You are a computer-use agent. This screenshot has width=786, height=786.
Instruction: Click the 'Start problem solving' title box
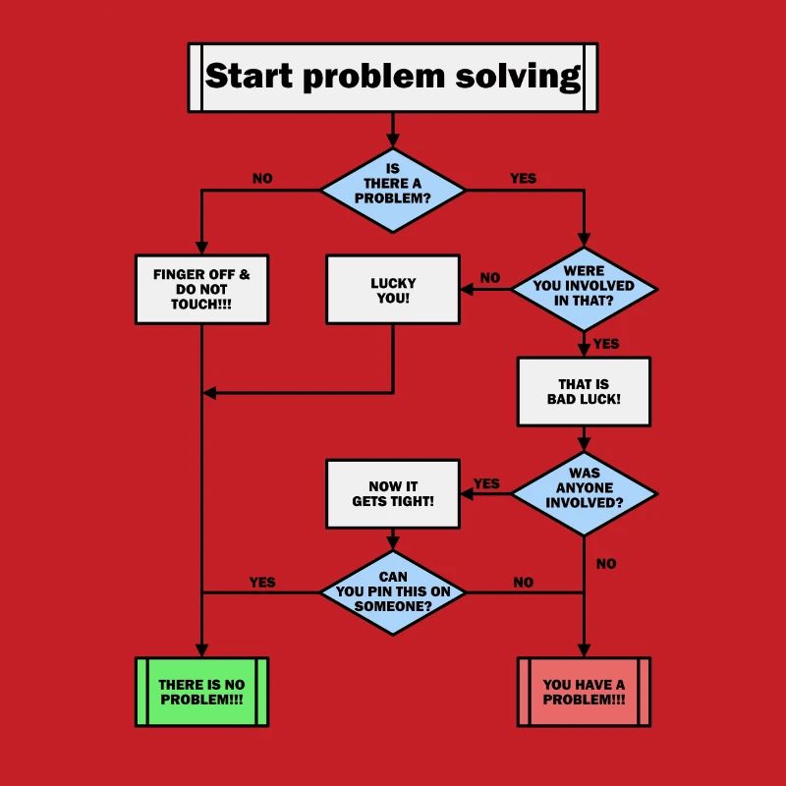tap(393, 77)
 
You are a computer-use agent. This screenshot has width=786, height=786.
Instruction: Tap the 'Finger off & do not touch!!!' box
tap(201, 289)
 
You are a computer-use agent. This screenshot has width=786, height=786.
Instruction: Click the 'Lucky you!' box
tap(393, 289)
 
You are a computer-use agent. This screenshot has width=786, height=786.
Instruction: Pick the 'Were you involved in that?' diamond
tap(584, 289)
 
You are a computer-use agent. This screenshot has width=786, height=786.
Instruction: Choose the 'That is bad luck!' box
tap(584, 391)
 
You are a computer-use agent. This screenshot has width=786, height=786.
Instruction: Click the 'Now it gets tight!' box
tap(393, 493)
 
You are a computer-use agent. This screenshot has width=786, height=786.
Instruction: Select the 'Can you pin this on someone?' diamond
tap(393, 592)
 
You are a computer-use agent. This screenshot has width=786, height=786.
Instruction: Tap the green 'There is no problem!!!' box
tap(201, 692)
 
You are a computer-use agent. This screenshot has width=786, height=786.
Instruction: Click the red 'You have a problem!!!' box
tap(584, 692)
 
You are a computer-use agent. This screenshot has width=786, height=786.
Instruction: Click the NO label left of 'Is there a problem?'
tap(262, 179)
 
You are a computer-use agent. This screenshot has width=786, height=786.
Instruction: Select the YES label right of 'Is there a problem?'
tap(523, 179)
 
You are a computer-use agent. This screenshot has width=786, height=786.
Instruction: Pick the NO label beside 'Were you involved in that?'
tap(490, 278)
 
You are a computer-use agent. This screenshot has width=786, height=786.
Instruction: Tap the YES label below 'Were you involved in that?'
tap(606, 344)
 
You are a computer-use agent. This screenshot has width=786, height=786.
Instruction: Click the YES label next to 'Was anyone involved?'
tap(486, 483)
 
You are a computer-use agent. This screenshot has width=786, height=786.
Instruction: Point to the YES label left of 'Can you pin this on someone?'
tap(262, 583)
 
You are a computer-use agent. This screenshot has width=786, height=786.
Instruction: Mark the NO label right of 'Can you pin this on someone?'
tap(523, 583)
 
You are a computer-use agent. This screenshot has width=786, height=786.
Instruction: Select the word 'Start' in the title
tap(251, 77)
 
